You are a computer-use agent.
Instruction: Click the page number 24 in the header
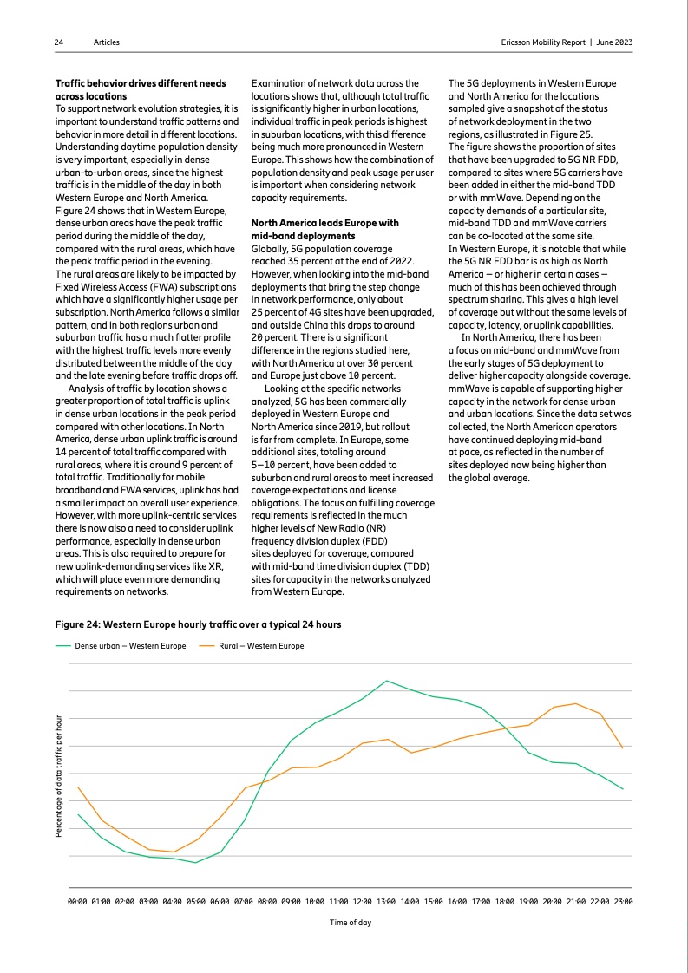point(59,42)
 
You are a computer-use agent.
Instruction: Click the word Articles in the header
point(107,42)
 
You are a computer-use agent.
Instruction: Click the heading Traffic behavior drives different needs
point(141,83)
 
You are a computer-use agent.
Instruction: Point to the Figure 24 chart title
point(199,624)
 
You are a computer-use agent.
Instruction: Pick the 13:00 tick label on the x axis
point(386,903)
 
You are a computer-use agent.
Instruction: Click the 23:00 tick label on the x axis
point(623,903)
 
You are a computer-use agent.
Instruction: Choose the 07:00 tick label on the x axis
point(244,903)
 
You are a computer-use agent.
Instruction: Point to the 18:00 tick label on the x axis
point(505,903)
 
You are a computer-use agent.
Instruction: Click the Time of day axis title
point(351,923)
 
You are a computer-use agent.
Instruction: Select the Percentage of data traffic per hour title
point(59,775)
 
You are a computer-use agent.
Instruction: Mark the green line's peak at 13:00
point(387,681)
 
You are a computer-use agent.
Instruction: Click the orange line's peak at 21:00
point(576,703)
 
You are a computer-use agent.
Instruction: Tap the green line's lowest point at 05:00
point(196,863)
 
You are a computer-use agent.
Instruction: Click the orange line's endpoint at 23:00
point(623,748)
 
